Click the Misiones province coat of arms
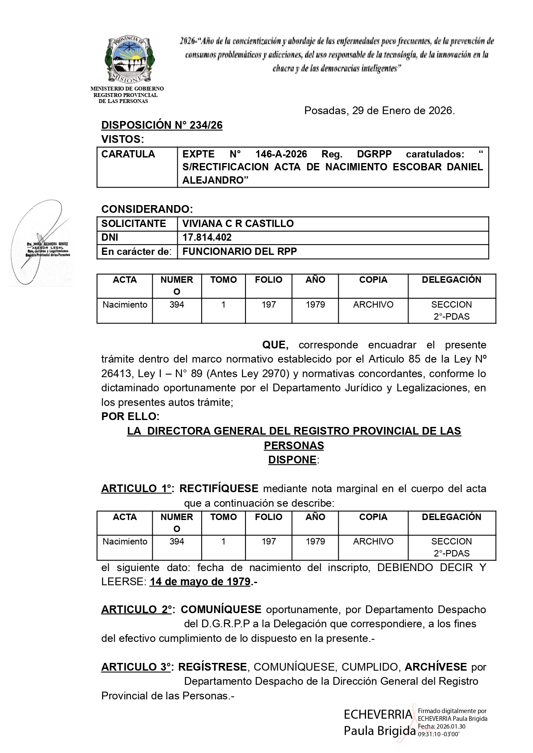click(x=129, y=60)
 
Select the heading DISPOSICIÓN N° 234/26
click(x=162, y=125)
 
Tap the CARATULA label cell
click(x=128, y=154)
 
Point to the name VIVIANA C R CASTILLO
click(x=238, y=224)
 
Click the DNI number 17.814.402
click(x=207, y=237)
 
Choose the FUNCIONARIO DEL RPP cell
click(x=239, y=251)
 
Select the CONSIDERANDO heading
click(x=147, y=209)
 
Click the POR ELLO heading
click(x=130, y=417)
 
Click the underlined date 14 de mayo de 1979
click(x=200, y=582)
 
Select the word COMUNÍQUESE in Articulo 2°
click(x=221, y=609)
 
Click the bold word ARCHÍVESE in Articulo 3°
click(x=436, y=667)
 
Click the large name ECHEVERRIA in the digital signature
click(x=378, y=714)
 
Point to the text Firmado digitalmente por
click(x=452, y=711)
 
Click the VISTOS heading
click(x=122, y=139)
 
